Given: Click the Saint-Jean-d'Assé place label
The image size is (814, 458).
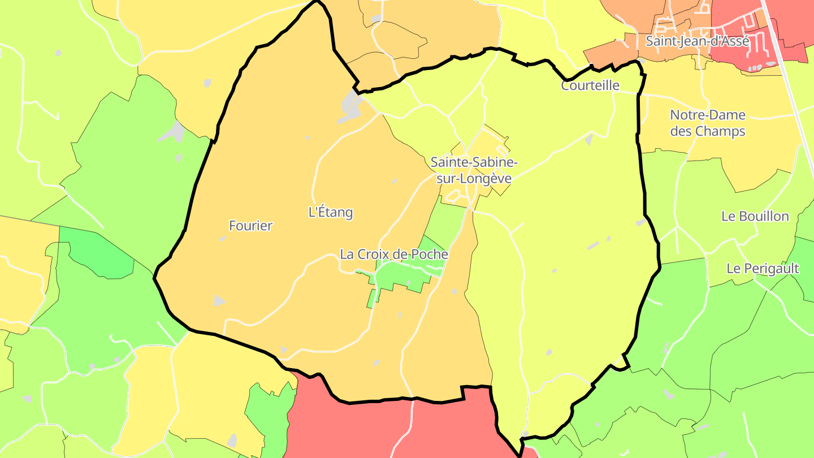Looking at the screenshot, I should pyautogui.click(x=697, y=41).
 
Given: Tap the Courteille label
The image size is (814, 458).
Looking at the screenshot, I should pyautogui.click(x=590, y=86).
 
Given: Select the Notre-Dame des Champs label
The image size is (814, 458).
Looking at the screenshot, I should pyautogui.click(x=708, y=123).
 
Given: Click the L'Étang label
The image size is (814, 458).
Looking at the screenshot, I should pyautogui.click(x=330, y=213).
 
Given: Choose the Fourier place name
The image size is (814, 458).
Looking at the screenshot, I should pyautogui.click(x=250, y=226).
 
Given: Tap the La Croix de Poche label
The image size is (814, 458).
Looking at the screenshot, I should pyautogui.click(x=394, y=254).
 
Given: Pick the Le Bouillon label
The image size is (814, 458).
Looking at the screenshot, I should pyautogui.click(x=755, y=216).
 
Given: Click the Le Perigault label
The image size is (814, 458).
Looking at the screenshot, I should pyautogui.click(x=763, y=269).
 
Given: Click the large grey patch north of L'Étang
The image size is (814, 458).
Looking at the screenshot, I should pyautogui.click(x=350, y=105).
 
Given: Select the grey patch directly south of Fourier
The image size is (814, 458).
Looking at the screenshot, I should pyautogui.click(x=219, y=301).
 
